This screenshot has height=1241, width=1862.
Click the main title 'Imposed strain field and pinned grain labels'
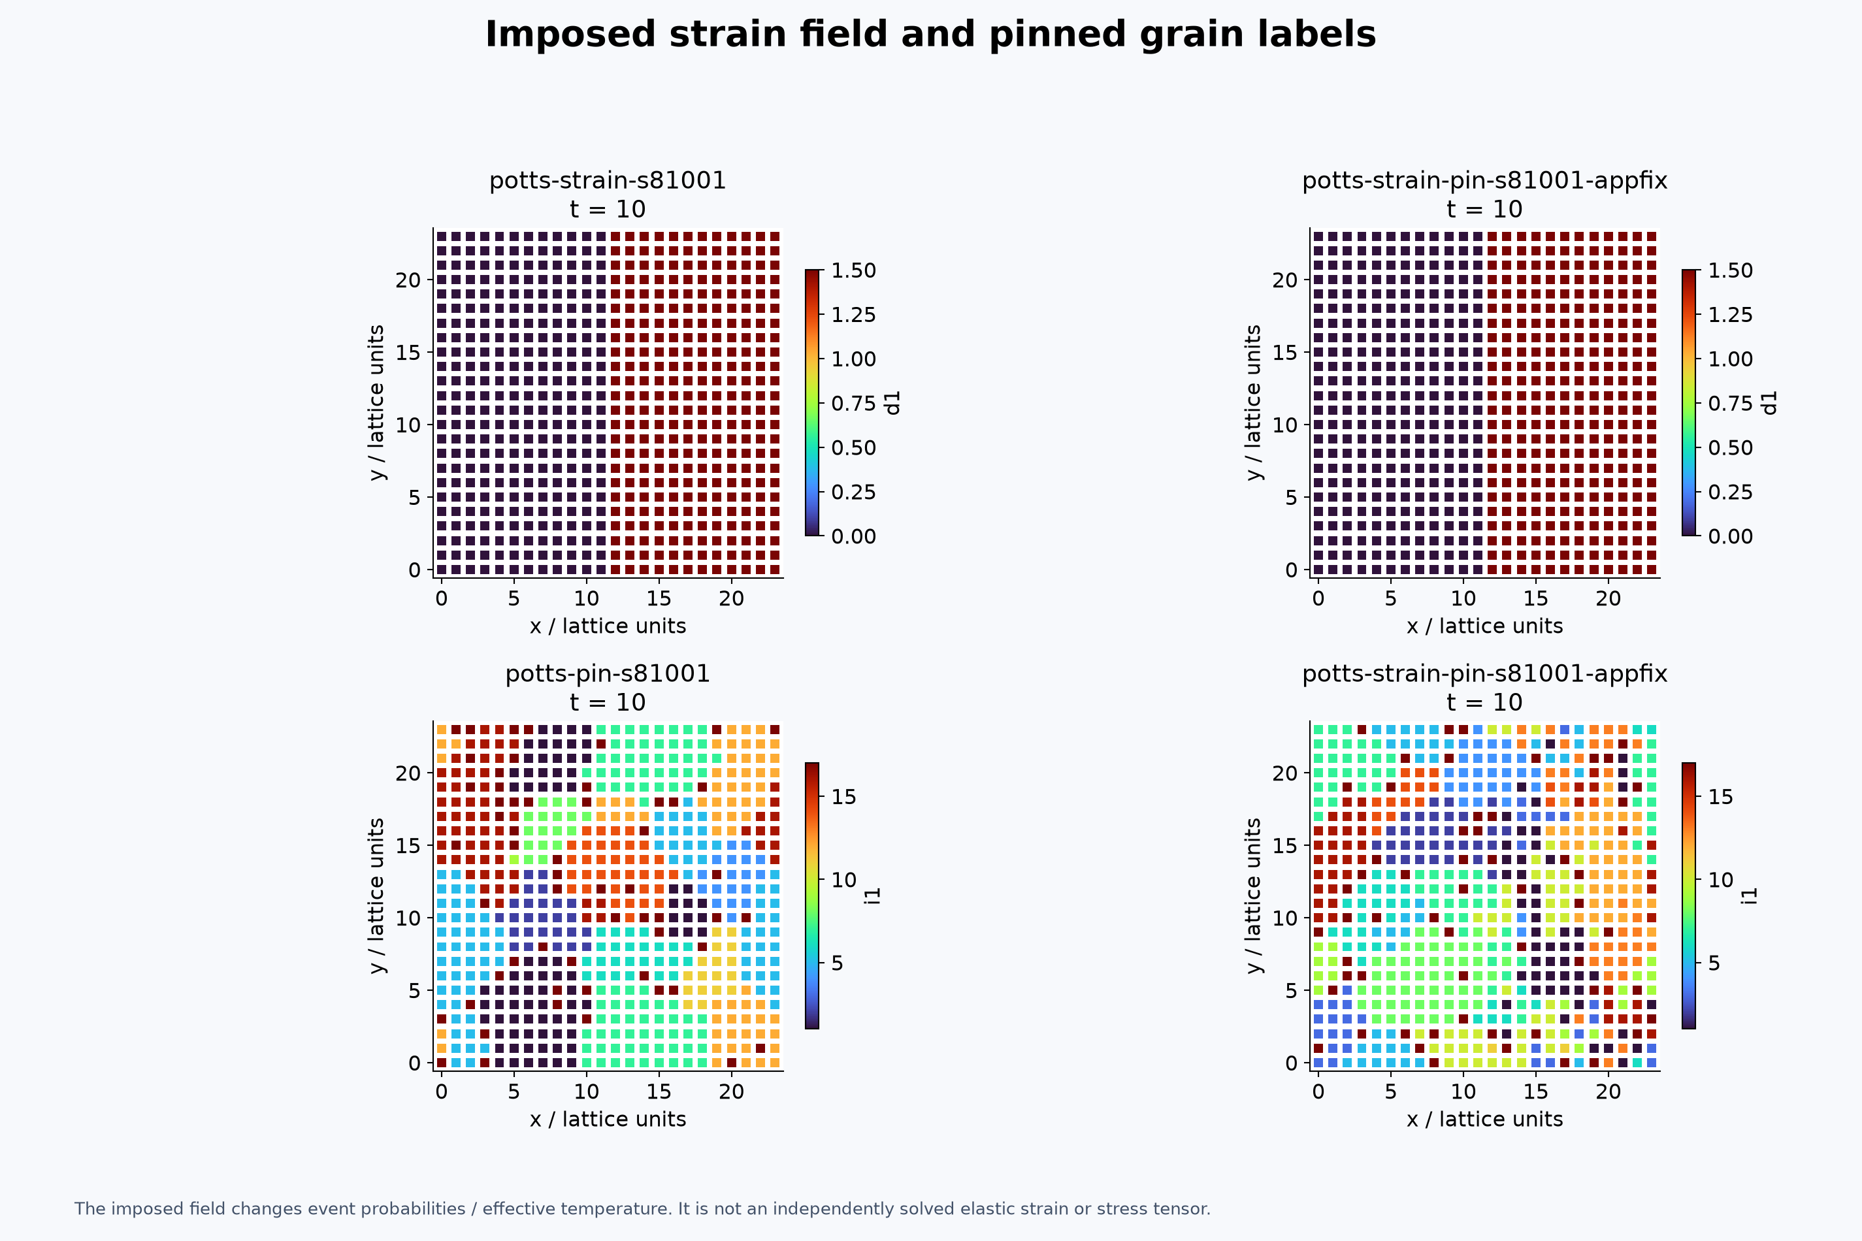click(x=930, y=35)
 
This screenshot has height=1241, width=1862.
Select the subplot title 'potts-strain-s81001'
click(x=607, y=180)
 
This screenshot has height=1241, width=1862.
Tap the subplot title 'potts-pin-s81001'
click(x=607, y=673)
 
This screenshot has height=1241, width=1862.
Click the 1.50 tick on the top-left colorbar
click(x=853, y=270)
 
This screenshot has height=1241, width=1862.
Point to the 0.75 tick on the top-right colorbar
click(x=1731, y=404)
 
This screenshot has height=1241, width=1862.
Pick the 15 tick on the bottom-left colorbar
click(x=844, y=797)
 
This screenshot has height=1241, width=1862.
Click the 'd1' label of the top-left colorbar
click(x=893, y=403)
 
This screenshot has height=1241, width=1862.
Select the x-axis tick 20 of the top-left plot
click(x=732, y=598)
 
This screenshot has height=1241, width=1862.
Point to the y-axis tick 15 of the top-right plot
click(x=1286, y=352)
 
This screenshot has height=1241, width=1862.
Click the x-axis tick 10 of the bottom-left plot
click(x=587, y=1091)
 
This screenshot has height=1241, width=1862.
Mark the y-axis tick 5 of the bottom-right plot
click(x=1292, y=991)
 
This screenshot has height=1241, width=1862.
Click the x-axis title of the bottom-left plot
click(x=607, y=1119)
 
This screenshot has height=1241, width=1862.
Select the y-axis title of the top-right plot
click(x=1253, y=403)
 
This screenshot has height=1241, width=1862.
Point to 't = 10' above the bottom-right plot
click(x=1484, y=702)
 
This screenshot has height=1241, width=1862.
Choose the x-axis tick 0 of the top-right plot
click(x=1318, y=598)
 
